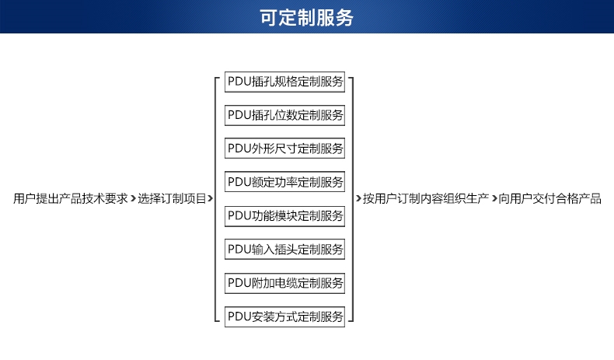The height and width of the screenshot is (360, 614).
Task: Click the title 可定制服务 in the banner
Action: pyautogui.click(x=306, y=18)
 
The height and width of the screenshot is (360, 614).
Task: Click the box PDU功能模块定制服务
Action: pyautogui.click(x=285, y=216)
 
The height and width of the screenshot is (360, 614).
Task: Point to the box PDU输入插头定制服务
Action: pyautogui.click(x=285, y=250)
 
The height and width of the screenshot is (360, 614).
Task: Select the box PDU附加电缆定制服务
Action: pyautogui.click(x=285, y=283)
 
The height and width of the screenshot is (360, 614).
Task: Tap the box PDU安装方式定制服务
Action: pyautogui.click(x=285, y=316)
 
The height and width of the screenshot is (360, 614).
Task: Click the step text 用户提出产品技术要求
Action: pyautogui.click(x=70, y=199)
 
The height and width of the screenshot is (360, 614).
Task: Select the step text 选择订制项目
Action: pyautogui.click(x=172, y=199)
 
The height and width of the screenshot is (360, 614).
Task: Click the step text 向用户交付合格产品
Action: pyautogui.click(x=550, y=199)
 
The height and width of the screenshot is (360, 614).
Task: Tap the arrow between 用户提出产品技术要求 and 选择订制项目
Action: pyautogui.click(x=133, y=199)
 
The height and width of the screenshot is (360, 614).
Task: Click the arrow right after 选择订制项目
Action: pyautogui.click(x=211, y=199)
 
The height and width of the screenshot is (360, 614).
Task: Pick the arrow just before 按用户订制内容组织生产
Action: pyautogui.click(x=359, y=199)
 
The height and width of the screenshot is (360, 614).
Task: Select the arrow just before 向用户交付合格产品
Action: pyautogui.click(x=494, y=199)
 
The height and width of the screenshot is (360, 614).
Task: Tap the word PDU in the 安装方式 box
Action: pyautogui.click(x=239, y=316)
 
